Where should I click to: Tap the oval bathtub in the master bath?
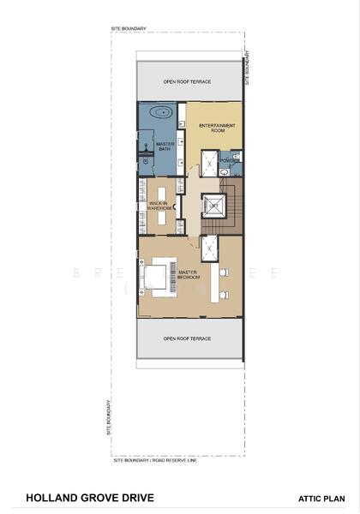161,112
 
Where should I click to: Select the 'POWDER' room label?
228,160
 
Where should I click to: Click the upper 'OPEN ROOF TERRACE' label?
188,82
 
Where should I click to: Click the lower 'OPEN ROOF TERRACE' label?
187,338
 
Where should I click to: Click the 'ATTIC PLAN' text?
321,498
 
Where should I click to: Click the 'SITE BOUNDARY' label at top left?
129,28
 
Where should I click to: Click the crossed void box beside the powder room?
208,160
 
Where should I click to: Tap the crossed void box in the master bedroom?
208,248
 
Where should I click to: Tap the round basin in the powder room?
225,171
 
